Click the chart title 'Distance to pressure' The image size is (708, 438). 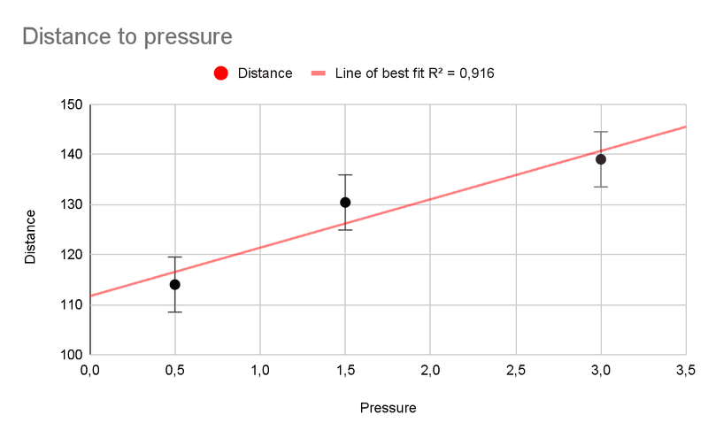click(127, 37)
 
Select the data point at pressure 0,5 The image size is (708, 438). click(175, 284)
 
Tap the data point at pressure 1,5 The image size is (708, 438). click(345, 203)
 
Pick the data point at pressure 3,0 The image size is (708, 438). click(601, 159)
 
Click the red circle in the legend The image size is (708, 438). click(221, 73)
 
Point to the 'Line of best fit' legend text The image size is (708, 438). click(413, 73)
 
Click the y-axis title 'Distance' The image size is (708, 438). click(30, 236)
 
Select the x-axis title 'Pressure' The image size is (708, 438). click(388, 409)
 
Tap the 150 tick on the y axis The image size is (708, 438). click(72, 105)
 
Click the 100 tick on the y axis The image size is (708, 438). click(72, 355)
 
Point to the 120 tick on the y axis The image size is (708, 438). click(72, 255)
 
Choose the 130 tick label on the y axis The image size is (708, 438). click(72, 205)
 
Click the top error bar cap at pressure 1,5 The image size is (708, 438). click(345, 175)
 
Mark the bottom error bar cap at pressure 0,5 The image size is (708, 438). click(175, 311)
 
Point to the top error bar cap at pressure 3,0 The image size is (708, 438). click(601, 132)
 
